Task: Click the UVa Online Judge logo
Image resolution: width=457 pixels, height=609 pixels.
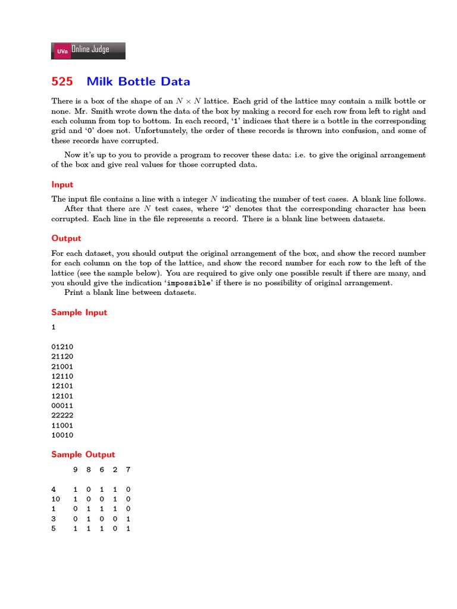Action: [x=88, y=51]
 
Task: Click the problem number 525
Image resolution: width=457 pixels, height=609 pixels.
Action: [x=62, y=81]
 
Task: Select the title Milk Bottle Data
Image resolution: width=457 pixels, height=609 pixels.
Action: [x=138, y=81]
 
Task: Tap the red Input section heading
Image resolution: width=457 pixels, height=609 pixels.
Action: [x=62, y=184]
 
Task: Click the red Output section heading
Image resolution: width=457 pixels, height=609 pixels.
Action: [x=66, y=238]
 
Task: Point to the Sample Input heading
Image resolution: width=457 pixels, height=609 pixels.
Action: [x=79, y=312]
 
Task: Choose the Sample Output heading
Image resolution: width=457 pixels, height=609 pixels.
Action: [x=83, y=454]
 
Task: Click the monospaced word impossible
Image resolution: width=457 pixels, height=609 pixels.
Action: [x=189, y=283]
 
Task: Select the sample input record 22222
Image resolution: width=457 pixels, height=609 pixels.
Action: [x=62, y=415]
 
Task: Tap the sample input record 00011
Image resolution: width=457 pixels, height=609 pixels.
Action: [x=62, y=405]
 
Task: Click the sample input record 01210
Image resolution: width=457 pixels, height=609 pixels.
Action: [x=62, y=346]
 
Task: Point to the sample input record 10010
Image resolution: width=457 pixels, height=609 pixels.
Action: [x=62, y=435]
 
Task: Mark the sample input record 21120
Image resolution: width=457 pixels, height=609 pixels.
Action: [x=62, y=356]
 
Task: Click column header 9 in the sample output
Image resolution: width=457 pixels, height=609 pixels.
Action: [x=75, y=470]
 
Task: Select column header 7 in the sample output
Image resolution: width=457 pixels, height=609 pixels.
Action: [x=128, y=470]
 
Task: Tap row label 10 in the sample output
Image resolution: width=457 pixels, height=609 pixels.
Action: [x=56, y=499]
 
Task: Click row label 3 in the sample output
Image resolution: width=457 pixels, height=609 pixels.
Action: [x=54, y=519]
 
